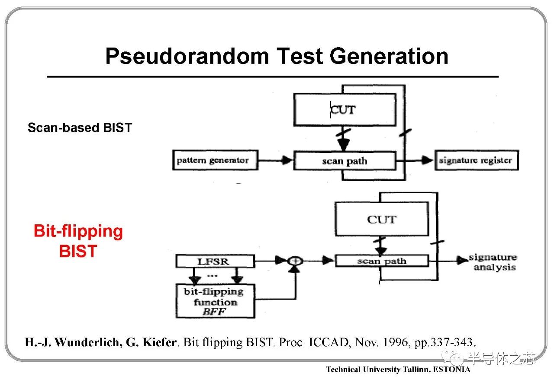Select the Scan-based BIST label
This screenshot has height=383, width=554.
point(80,128)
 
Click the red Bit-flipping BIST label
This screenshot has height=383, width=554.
point(78,241)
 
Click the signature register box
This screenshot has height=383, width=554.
point(476,160)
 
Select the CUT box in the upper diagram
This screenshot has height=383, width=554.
point(345,110)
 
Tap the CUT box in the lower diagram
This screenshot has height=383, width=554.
point(382,220)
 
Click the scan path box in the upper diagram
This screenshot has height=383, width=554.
point(345,161)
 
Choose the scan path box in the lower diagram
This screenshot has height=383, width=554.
point(382,261)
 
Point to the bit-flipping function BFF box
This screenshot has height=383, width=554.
point(215,301)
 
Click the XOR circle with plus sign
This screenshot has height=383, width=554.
point(296,261)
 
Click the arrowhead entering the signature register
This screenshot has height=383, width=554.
point(428,160)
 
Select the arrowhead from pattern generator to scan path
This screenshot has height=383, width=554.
point(287,160)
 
